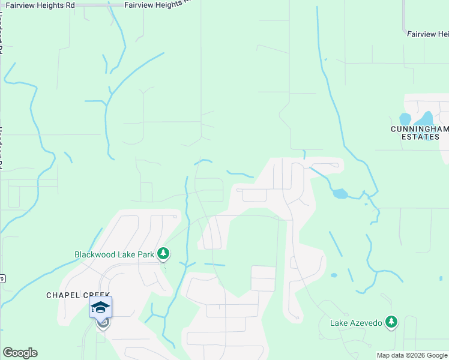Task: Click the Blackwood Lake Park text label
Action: [x=114, y=254]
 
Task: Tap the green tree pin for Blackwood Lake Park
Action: [x=163, y=254]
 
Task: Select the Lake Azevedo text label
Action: [x=356, y=323]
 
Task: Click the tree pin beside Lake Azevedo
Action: [x=391, y=322]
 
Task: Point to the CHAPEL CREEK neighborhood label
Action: [x=71, y=295]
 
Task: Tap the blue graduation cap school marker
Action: [x=101, y=308]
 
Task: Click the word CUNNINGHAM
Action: [x=420, y=129]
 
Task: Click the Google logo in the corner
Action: [x=20, y=353]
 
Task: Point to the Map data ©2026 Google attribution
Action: [x=412, y=355]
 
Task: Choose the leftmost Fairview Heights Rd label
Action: [x=41, y=4]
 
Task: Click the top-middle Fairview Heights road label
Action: [x=157, y=4]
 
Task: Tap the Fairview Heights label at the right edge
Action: [x=428, y=34]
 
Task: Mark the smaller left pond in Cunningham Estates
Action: [x=405, y=119]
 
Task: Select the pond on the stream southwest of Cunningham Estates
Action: [x=340, y=194]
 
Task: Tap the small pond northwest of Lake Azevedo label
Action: [x=334, y=275]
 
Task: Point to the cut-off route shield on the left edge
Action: [x=2, y=278]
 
